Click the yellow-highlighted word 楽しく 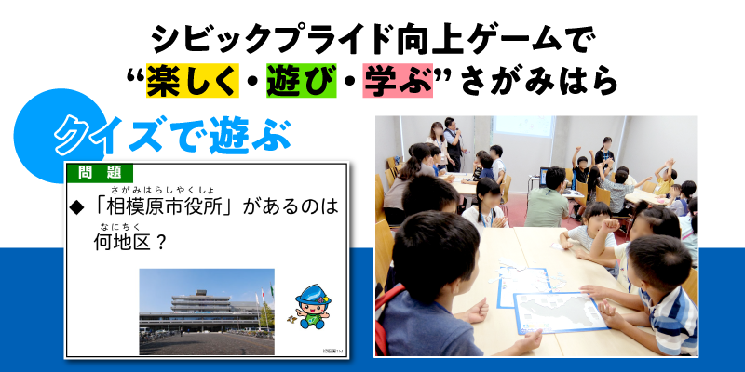pyautogui.click(x=193, y=81)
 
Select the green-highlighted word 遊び pyautogui.click(x=301, y=81)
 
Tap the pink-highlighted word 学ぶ pyautogui.click(x=398, y=81)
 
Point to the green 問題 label pyautogui.click(x=100, y=173)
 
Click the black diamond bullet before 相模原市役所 pyautogui.click(x=76, y=206)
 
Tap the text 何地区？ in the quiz pyautogui.click(x=129, y=243)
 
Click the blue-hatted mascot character pyautogui.click(x=311, y=306)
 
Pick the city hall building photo pyautogui.click(x=207, y=312)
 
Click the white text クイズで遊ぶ pyautogui.click(x=172, y=135)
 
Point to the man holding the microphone pyautogui.click(x=453, y=144)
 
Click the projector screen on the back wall pyautogui.click(x=523, y=126)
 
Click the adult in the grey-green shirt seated pyautogui.click(x=548, y=198)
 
